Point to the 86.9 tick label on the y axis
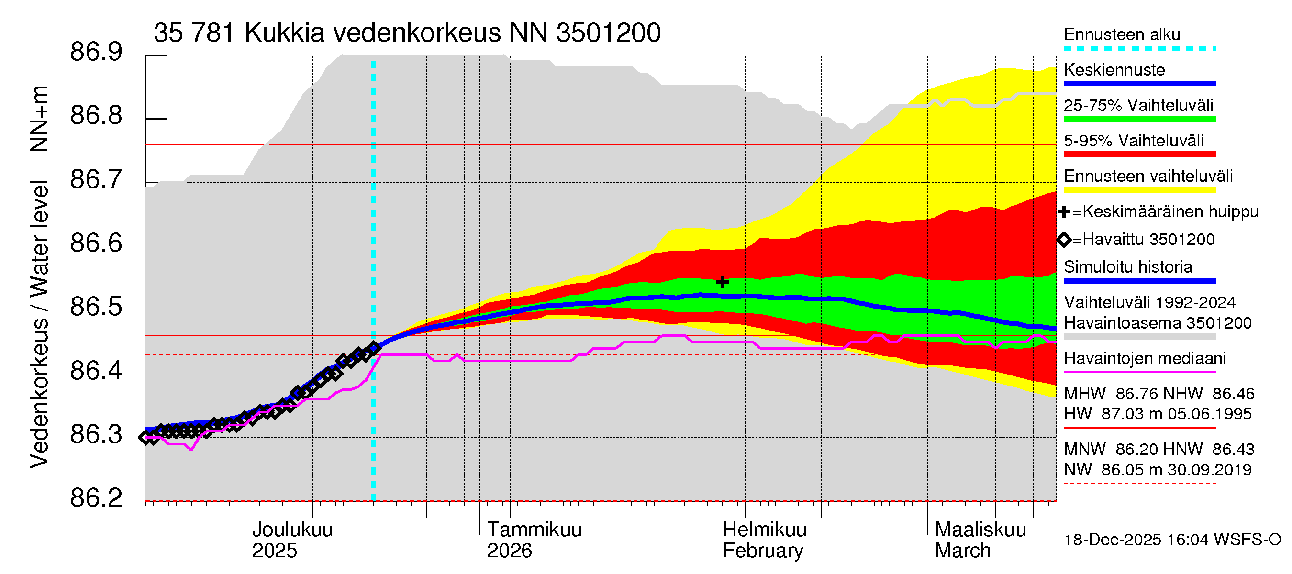coord(96,52)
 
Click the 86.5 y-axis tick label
coord(96,307)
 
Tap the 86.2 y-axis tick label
coord(96,498)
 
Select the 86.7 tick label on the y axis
coord(96,179)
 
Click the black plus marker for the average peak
coord(722,282)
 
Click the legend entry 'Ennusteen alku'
coord(1122,34)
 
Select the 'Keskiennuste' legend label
coord(1114,70)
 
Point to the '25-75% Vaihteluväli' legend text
coord(1138,105)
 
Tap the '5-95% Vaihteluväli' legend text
coord(1133,141)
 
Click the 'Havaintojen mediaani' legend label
coord(1145,358)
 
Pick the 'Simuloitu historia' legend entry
coord(1127,267)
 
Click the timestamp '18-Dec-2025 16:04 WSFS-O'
coord(1172,540)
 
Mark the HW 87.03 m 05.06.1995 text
coord(1158,414)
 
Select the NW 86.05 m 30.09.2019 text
coord(1158,470)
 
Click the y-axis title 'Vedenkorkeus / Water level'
coord(39,324)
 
